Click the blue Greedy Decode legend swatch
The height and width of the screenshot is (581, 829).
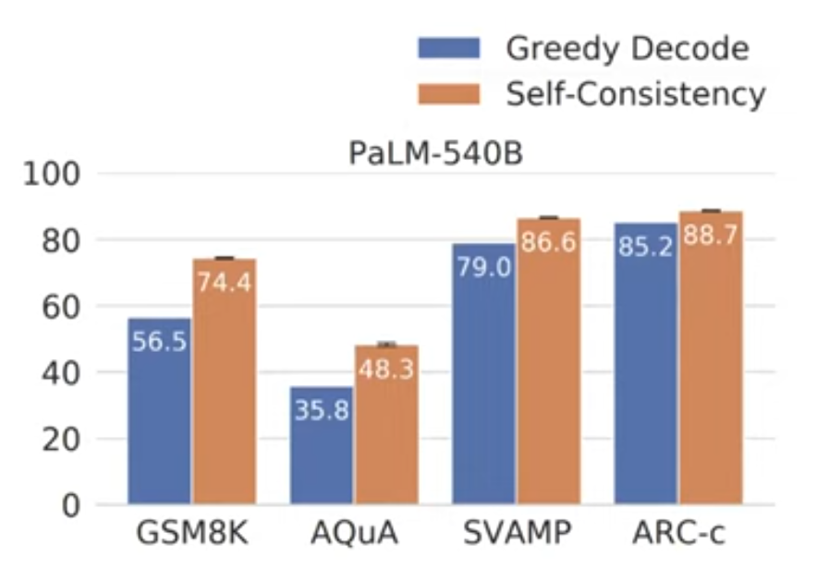click(448, 47)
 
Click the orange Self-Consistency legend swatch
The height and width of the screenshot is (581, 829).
click(448, 93)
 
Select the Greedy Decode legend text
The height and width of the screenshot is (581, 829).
click(627, 47)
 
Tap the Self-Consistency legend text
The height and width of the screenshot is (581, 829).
click(636, 93)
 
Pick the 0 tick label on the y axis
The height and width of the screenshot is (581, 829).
click(72, 505)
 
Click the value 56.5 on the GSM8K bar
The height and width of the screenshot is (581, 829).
click(159, 342)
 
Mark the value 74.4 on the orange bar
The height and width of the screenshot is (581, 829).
click(225, 283)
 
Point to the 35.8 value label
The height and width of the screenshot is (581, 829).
click(322, 409)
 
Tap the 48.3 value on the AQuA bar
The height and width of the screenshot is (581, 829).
click(386, 369)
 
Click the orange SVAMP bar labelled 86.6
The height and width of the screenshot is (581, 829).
click(548, 369)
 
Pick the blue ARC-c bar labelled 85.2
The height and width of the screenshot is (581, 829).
click(645, 369)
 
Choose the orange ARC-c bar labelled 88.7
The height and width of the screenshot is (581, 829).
click(710, 369)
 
